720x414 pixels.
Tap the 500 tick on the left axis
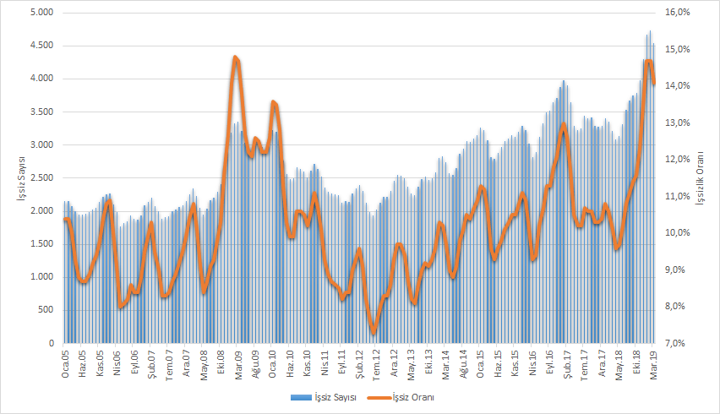pos(46,311)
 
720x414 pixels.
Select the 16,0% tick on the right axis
pos(679,13)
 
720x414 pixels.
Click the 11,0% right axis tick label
pos(679,196)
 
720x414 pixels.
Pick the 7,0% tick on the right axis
pos(679,344)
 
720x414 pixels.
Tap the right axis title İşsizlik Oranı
pos(700,178)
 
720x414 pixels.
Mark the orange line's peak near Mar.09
pos(236,57)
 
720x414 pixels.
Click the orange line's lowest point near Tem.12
pos(374,332)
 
